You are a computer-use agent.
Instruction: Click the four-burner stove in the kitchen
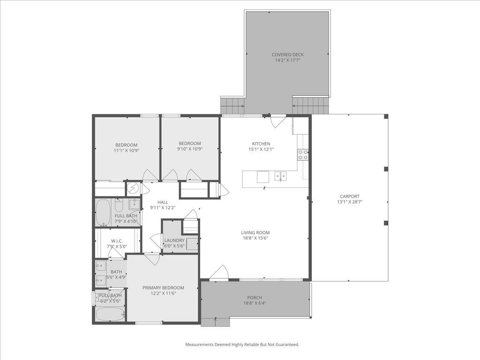pos(303,155)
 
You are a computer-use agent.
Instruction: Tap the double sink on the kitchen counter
pos(281,177)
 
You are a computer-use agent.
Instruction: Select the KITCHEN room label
pos(261,144)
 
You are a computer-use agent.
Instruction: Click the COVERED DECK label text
pos(287,55)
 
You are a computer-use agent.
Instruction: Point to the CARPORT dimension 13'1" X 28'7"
pos(350,202)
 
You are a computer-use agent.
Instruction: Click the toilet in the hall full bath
pos(119,206)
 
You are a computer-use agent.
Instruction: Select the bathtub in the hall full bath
pos(102,212)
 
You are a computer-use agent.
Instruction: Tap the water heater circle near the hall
pos(133,188)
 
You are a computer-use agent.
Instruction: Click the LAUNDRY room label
pos(174,240)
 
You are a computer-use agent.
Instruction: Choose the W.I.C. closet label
pos(117,241)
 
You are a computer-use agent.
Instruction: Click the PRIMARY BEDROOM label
pos(163,288)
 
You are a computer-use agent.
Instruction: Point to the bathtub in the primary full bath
pos(110,314)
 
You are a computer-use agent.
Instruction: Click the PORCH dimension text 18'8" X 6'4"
pos(255,303)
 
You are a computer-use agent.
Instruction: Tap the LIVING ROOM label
pos(255,232)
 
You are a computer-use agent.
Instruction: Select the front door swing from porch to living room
pos(219,273)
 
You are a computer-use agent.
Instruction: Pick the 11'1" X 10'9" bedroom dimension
pos(127,150)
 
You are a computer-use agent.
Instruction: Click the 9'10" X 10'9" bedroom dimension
pos(190,150)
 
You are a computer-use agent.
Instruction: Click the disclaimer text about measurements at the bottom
pos(242,345)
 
